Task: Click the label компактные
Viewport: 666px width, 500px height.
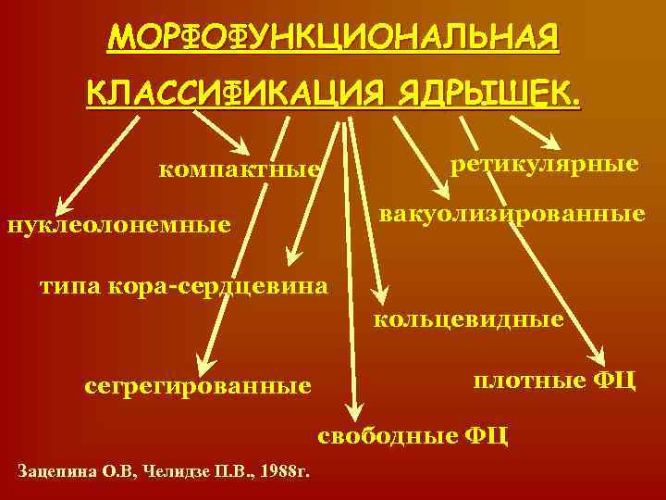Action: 240,169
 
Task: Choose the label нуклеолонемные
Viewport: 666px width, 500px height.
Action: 118,224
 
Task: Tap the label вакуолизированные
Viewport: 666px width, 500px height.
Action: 512,215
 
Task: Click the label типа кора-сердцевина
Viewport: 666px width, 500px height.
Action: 183,285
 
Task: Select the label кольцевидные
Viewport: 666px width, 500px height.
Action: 468,320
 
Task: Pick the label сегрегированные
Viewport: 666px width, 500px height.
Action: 197,383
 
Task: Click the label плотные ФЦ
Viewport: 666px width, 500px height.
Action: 554,380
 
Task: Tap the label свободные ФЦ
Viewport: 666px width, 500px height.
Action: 413,434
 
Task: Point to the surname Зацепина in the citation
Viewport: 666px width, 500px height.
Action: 57,472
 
